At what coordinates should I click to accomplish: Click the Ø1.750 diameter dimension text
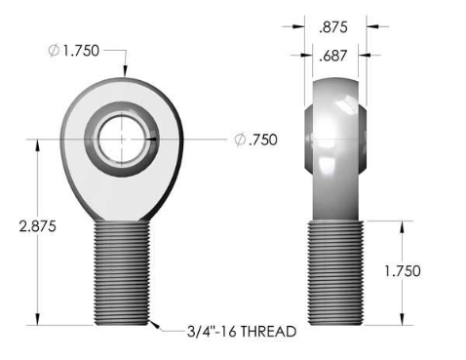pyautogui.click(x=73, y=51)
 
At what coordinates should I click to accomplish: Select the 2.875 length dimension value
pyautogui.click(x=38, y=226)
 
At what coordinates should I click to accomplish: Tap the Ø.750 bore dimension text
pyautogui.click(x=256, y=140)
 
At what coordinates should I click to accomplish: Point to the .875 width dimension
pyautogui.click(x=333, y=27)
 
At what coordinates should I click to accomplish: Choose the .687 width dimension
pyautogui.click(x=333, y=56)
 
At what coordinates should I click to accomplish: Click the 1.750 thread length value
pyautogui.click(x=403, y=271)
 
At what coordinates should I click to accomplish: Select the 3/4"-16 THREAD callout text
pyautogui.click(x=242, y=332)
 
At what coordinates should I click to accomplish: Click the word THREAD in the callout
pyautogui.click(x=268, y=332)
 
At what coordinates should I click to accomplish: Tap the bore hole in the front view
pyautogui.click(x=122, y=140)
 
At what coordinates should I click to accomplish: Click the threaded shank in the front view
pyautogui.click(x=122, y=272)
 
